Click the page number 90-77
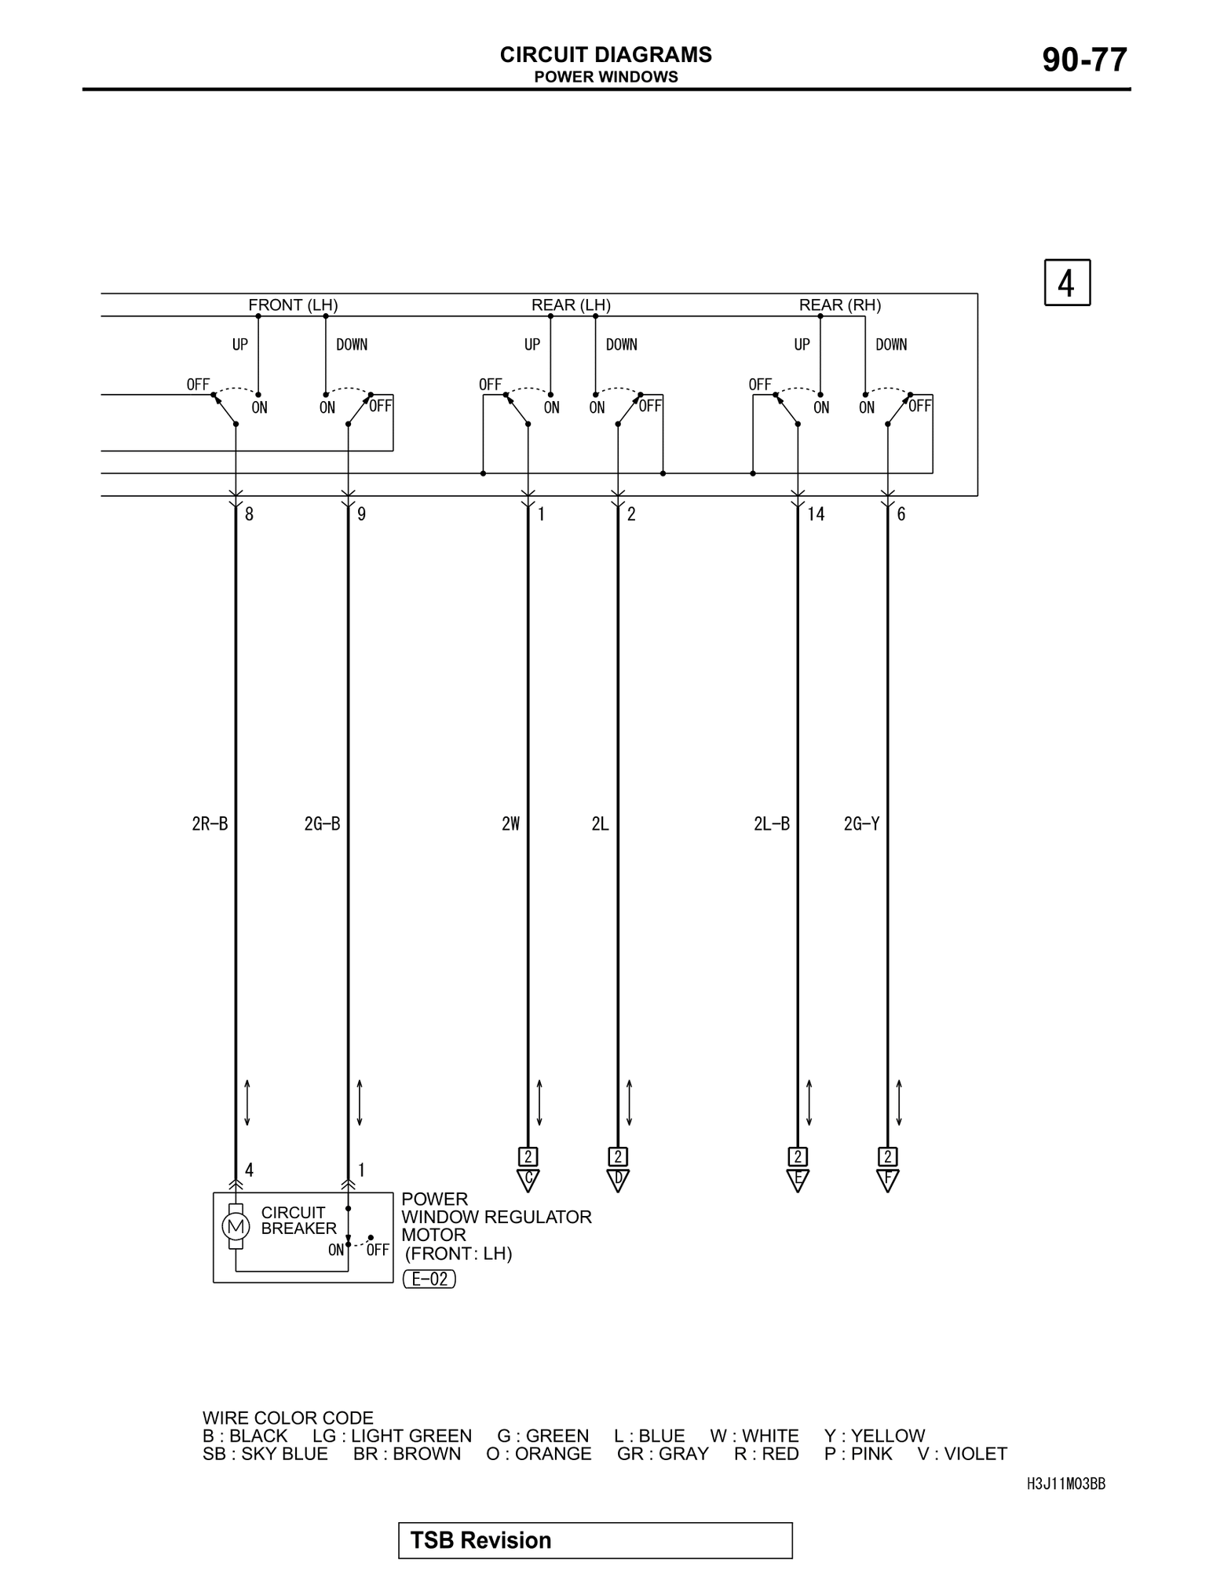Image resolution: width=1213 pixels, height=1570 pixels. click(x=1084, y=60)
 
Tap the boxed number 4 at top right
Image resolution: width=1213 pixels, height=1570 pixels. click(x=1066, y=283)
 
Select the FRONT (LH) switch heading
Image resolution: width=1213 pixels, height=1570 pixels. click(x=293, y=305)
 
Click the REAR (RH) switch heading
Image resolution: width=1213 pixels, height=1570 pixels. click(x=839, y=305)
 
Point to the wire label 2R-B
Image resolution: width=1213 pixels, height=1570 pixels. click(x=210, y=823)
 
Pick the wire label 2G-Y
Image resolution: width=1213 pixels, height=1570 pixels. click(x=861, y=823)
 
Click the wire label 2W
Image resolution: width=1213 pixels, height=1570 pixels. click(x=510, y=823)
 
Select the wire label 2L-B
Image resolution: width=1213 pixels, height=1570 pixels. click(x=771, y=823)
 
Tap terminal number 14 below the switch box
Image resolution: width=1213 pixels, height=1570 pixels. click(x=816, y=514)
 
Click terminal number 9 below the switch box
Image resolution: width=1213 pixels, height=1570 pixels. click(x=361, y=514)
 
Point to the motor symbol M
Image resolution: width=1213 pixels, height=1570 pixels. click(x=235, y=1226)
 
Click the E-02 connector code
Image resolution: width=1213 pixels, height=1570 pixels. click(x=429, y=1279)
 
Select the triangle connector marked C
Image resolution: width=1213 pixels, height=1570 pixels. click(x=528, y=1179)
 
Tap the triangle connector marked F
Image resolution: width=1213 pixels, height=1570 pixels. click(x=887, y=1179)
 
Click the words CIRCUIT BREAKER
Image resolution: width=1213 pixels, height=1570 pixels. click(x=298, y=1221)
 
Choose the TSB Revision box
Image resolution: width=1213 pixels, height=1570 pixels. click(x=595, y=1540)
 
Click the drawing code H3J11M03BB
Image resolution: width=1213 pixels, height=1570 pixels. click(x=1065, y=1484)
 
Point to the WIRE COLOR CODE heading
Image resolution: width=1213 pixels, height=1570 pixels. click(x=287, y=1418)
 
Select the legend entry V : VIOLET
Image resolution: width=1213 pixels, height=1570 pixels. click(x=962, y=1454)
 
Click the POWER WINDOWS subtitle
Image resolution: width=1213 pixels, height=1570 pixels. click(x=605, y=77)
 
